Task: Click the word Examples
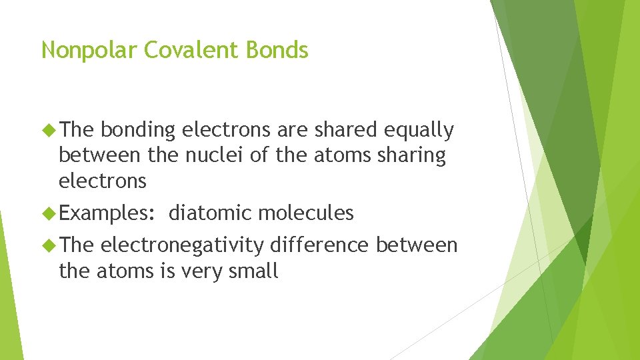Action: pyautogui.click(x=107, y=213)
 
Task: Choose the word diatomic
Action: pyautogui.click(x=210, y=213)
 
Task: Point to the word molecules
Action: pyautogui.click(x=305, y=213)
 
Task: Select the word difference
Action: pyautogui.click(x=319, y=245)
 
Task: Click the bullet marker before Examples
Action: pyautogui.click(x=49, y=213)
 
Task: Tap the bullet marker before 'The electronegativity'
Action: pyautogui.click(x=49, y=245)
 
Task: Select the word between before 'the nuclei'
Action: pyautogui.click(x=99, y=155)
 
